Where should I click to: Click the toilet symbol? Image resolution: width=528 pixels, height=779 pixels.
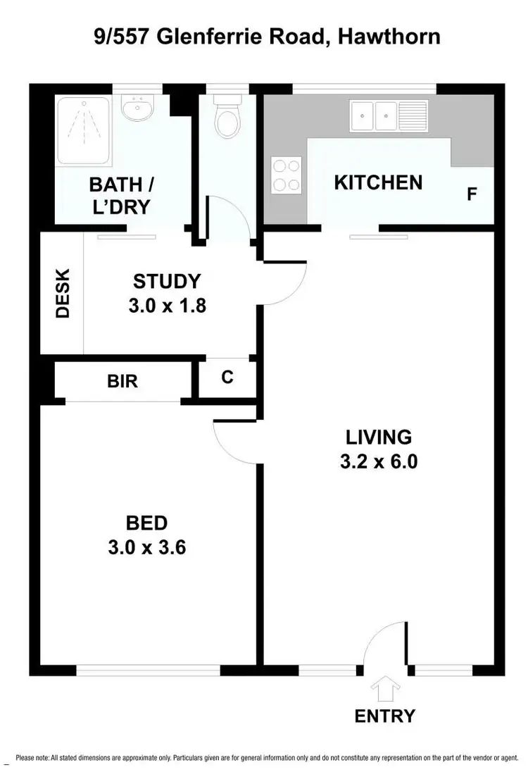point(227,121)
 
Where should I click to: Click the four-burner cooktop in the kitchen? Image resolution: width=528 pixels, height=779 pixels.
point(287,175)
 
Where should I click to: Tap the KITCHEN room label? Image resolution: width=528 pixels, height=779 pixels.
point(378,183)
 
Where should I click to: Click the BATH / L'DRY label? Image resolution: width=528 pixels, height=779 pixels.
point(122,196)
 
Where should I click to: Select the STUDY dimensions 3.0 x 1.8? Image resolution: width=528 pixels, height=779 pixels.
point(167,306)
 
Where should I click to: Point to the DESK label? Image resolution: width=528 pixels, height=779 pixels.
point(63,293)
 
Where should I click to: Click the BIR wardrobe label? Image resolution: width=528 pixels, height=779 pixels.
point(122,381)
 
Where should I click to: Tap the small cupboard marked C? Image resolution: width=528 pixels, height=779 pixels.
point(227,378)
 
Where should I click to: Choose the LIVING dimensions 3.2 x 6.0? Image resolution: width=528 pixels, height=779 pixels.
point(378,462)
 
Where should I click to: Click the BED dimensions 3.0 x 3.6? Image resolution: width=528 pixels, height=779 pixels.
point(146,547)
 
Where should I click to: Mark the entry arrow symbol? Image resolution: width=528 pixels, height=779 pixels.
point(385,688)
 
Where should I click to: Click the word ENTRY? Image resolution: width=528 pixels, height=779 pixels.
point(385,716)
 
